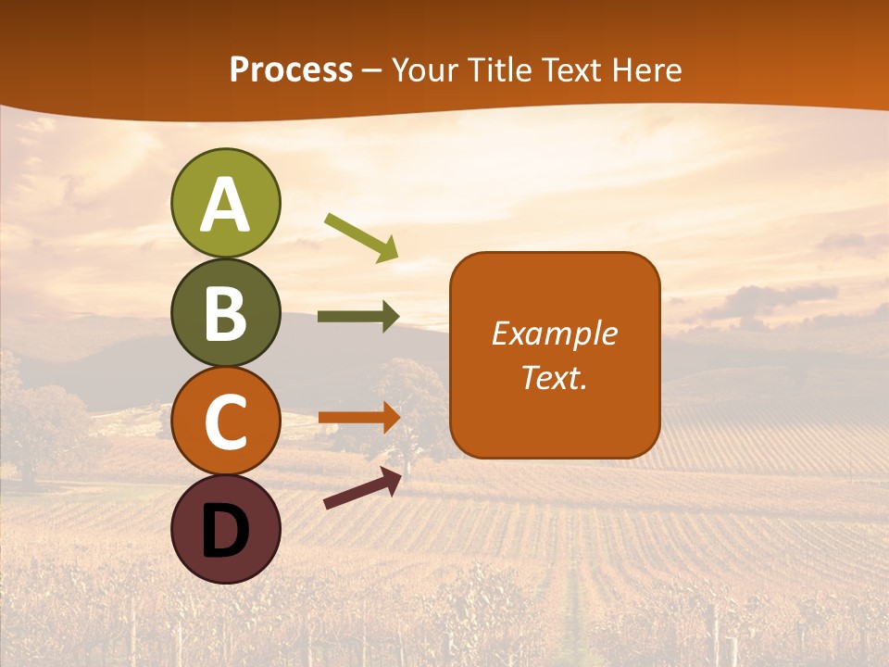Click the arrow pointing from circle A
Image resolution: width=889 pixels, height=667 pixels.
(x=361, y=237)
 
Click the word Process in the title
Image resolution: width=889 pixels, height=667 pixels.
(x=291, y=70)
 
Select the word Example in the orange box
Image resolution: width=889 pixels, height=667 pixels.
(x=554, y=333)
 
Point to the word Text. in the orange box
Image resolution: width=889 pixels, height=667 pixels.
(x=554, y=377)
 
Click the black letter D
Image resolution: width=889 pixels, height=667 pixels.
(x=225, y=530)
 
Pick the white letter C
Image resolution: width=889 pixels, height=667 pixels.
(x=225, y=422)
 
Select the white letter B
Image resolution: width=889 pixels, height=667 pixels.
(x=225, y=314)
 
